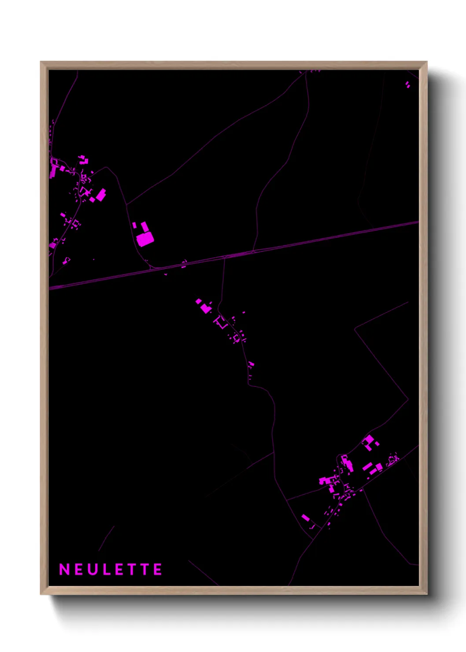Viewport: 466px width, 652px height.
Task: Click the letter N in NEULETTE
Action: [64, 570]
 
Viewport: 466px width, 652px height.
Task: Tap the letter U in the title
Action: [92, 570]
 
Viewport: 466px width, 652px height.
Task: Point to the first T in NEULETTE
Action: [131, 570]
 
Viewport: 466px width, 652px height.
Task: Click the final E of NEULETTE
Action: [157, 570]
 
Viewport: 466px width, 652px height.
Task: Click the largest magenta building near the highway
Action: [145, 239]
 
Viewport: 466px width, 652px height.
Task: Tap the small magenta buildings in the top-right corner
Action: [407, 84]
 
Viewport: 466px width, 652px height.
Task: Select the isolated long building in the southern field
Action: [306, 517]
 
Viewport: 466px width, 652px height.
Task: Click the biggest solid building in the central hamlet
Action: [205, 308]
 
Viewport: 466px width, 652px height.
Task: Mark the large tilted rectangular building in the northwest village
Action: [101, 194]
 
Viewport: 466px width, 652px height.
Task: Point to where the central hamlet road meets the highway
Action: [224, 257]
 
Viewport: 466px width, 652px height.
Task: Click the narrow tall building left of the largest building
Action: [134, 226]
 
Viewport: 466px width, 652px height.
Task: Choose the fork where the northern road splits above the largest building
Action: [127, 204]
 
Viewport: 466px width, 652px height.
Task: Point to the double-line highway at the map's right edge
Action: [414, 223]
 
